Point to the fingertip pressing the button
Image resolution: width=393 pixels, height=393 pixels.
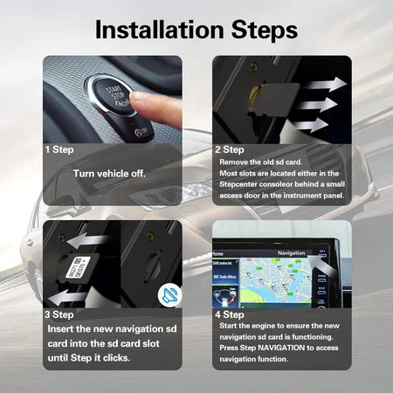point(148,105)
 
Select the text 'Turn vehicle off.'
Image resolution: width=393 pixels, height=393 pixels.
point(109,173)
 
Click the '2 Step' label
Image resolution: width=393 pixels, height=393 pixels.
point(229,149)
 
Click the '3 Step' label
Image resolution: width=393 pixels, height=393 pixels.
point(59,314)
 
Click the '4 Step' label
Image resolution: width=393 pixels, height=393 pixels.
point(229,314)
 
